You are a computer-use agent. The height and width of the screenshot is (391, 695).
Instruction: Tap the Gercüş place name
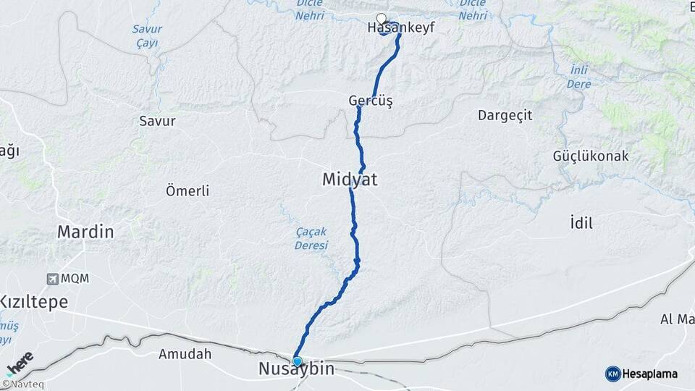(x=370, y=101)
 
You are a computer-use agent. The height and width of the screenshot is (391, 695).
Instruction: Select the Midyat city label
(x=350, y=180)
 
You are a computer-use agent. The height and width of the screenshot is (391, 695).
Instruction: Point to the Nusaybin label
(x=297, y=370)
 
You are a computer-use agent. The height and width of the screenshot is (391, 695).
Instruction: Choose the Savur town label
(x=157, y=121)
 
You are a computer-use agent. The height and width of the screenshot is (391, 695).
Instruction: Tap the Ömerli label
(x=188, y=191)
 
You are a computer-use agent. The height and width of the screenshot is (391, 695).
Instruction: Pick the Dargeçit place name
(x=505, y=115)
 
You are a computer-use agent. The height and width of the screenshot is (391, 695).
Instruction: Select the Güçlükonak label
(x=591, y=156)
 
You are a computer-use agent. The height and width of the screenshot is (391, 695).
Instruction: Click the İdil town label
(x=581, y=224)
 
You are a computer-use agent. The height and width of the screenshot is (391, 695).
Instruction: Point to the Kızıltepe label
(x=33, y=302)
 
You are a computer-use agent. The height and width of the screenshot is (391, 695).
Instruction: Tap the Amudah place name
(x=185, y=355)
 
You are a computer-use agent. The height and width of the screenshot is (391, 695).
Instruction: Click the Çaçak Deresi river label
(x=311, y=238)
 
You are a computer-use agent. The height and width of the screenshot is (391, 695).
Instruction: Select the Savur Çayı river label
(x=147, y=36)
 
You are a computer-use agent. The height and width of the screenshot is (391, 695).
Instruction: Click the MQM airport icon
(x=52, y=279)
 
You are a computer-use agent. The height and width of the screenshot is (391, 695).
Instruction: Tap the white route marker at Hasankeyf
(x=382, y=18)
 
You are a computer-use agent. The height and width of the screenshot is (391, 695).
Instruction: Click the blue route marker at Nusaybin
(x=297, y=361)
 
